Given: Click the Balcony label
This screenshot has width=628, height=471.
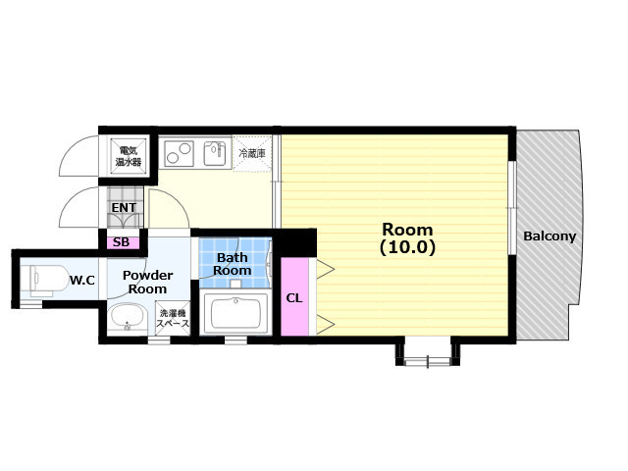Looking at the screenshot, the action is pyautogui.click(x=549, y=236).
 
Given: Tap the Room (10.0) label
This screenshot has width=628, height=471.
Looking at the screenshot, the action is pyautogui.click(x=407, y=238).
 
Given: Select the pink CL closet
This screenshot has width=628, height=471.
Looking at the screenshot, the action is pyautogui.click(x=294, y=296).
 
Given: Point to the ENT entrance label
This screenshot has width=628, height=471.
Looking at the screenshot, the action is pyautogui.click(x=124, y=208).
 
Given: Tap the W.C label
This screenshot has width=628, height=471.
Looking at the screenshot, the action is pyautogui.click(x=82, y=280).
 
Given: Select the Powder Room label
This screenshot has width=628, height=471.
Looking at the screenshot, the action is pyautogui.click(x=147, y=282).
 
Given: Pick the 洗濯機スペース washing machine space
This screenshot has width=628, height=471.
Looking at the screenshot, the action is pyautogui.click(x=173, y=318).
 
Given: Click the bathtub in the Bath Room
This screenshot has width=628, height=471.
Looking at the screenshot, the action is pyautogui.click(x=235, y=313).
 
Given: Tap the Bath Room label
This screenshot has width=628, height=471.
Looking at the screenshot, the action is pyautogui.click(x=233, y=264).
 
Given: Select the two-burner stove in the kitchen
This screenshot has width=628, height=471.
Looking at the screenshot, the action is pyautogui.click(x=179, y=153).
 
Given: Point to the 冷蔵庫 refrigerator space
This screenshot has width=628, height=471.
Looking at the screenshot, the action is pyautogui.click(x=252, y=154).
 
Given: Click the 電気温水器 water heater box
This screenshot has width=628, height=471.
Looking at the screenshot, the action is pyautogui.click(x=129, y=157).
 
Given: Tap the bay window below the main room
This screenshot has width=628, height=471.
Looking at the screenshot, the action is pyautogui.click(x=428, y=353).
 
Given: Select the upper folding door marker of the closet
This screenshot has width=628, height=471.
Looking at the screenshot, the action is pyautogui.click(x=325, y=269).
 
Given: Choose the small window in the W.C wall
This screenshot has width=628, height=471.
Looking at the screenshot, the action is pyautogui.click(x=31, y=305).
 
